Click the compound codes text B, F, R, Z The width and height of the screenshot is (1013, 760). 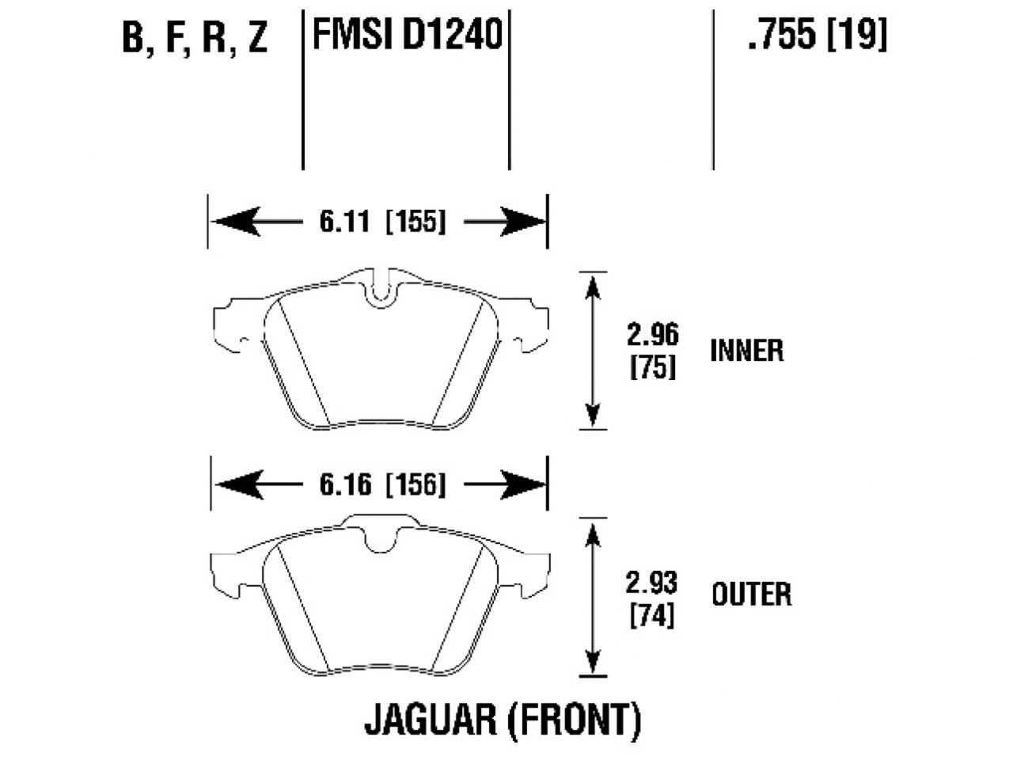(x=195, y=37)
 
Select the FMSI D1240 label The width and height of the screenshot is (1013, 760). (x=408, y=35)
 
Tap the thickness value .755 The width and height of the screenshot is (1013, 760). (x=780, y=35)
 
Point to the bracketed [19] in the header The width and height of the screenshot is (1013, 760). (x=857, y=35)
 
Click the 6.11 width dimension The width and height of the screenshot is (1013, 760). (x=345, y=222)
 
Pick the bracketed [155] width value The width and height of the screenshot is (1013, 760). (x=415, y=222)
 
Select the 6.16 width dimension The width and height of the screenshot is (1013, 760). (x=345, y=484)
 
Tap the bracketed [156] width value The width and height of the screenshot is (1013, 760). (x=415, y=484)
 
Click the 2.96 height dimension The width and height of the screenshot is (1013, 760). (x=653, y=336)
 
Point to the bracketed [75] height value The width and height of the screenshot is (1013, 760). (x=653, y=367)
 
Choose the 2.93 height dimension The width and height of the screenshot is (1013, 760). (x=652, y=583)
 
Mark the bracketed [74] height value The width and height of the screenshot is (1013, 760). (x=652, y=615)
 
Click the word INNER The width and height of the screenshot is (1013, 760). (x=747, y=350)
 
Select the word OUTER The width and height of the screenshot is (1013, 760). (x=751, y=594)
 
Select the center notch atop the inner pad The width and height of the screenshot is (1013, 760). (x=381, y=288)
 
